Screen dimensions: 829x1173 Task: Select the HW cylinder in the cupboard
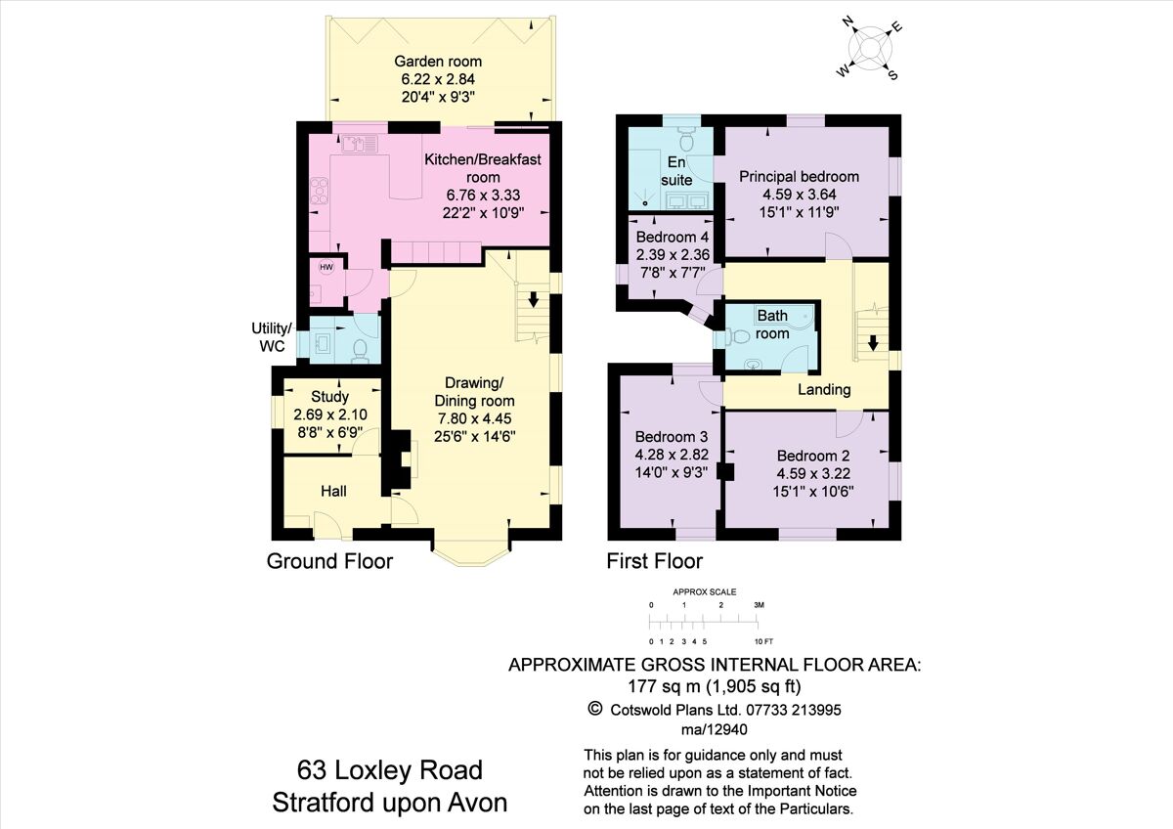pos(326,267)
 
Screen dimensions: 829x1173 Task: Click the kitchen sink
pos(359,145)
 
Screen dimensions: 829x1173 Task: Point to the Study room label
pos(329,397)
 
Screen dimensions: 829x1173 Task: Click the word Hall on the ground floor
pos(334,491)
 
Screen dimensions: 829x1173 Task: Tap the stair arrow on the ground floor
pos(533,298)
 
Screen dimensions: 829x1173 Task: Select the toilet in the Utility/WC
pos(361,349)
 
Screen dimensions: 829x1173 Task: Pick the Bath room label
pos(772,325)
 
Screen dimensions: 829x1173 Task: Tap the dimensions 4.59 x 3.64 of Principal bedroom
pos(799,194)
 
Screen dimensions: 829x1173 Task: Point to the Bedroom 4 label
pos(672,238)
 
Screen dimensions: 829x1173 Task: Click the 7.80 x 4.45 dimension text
pos(475,418)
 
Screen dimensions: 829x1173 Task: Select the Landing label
pos(824,389)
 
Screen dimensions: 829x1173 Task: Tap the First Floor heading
pos(654,561)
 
